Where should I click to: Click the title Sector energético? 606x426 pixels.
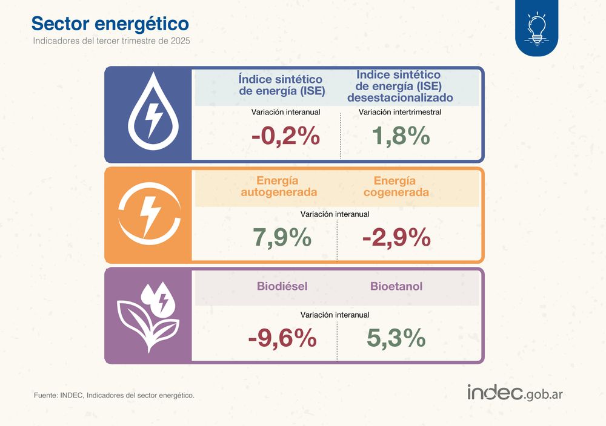tap(110, 23)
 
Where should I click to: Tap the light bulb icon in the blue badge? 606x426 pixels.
tap(537, 28)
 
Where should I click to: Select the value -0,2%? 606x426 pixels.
tap(285, 137)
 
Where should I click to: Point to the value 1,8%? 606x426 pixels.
tap(401, 137)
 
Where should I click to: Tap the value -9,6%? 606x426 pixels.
tap(282, 338)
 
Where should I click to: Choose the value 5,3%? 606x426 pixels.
tap(396, 338)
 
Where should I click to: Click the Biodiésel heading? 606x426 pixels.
tap(282, 286)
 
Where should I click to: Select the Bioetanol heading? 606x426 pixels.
tap(396, 286)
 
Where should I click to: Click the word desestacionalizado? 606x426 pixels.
tap(399, 97)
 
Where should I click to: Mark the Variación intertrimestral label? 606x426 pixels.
tap(400, 112)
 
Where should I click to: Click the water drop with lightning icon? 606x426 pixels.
tap(149, 115)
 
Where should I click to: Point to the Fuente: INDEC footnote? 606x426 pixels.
tap(114, 395)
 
